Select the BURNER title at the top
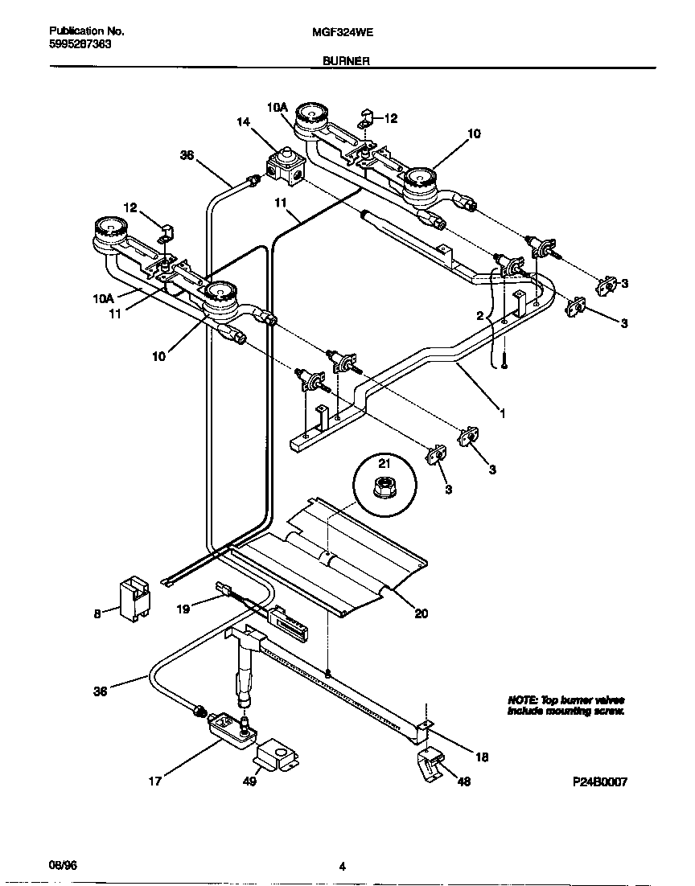346,60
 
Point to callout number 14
243,122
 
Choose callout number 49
250,781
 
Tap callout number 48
464,781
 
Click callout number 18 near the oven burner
482,757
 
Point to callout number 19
183,609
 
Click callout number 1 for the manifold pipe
503,415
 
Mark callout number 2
479,317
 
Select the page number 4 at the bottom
343,867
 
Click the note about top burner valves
565,705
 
